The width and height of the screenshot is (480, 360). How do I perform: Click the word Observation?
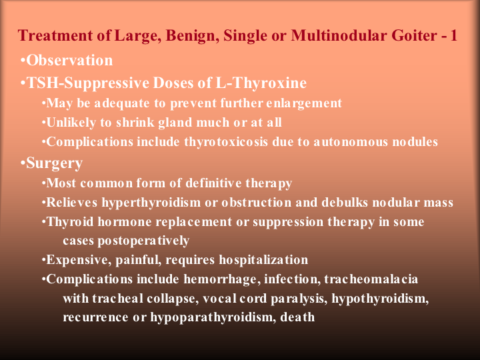(69, 60)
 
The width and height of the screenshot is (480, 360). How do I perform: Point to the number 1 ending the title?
(453, 35)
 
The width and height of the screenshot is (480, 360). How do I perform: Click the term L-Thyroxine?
(261, 83)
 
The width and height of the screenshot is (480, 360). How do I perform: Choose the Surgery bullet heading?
(54, 163)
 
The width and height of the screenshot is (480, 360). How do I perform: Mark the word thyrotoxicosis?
(226, 142)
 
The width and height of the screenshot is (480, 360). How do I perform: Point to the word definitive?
(213, 183)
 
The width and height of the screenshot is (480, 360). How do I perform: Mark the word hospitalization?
(263, 260)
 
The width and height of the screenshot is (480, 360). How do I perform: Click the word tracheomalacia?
(371, 279)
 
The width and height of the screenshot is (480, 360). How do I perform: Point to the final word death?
(297, 317)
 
